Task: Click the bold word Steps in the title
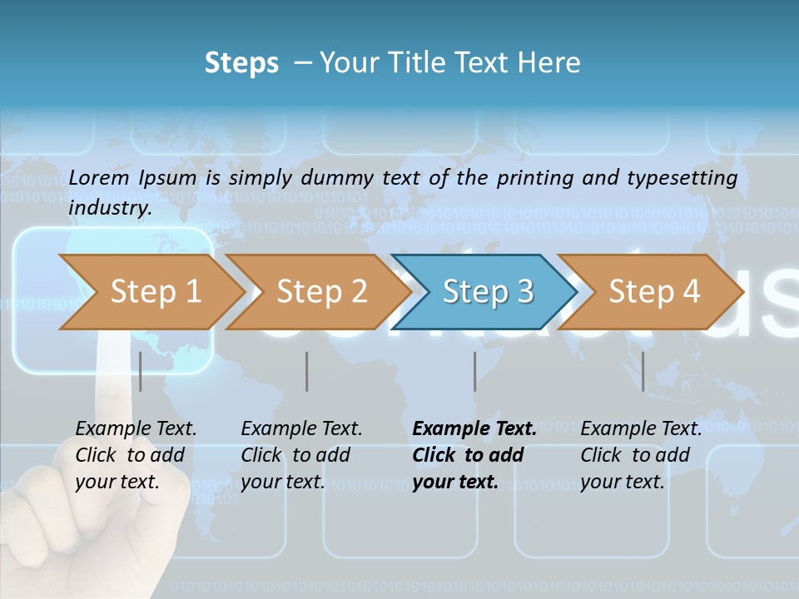click(x=241, y=63)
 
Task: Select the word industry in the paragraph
click(x=109, y=208)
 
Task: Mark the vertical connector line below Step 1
click(x=141, y=371)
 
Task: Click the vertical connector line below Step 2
click(x=307, y=371)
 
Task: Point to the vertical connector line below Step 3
click(x=475, y=371)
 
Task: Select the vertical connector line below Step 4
click(x=643, y=371)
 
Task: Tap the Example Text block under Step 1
click(x=136, y=455)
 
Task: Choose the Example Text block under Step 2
click(x=301, y=455)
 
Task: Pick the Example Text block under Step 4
click(x=641, y=455)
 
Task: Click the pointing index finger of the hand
click(x=112, y=374)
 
